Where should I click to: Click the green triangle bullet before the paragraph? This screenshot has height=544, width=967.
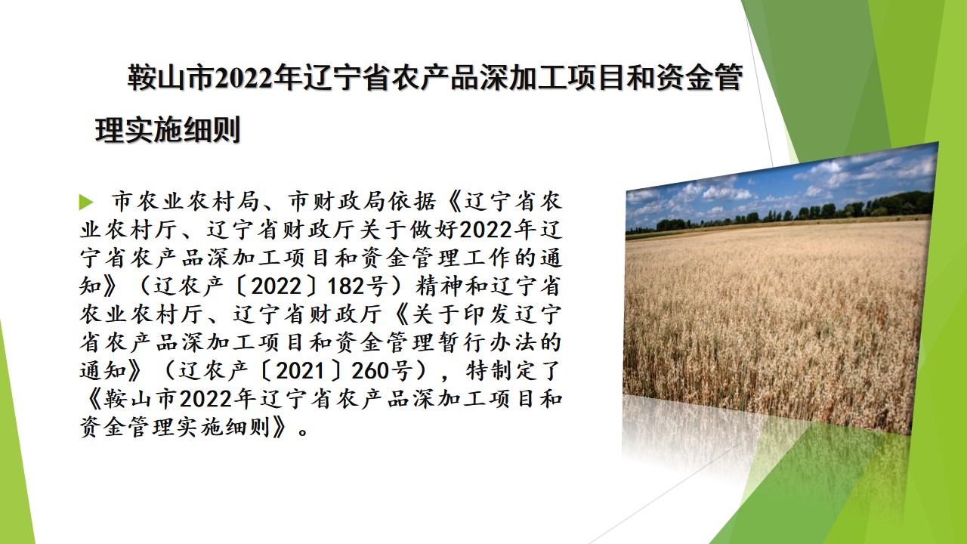(86, 202)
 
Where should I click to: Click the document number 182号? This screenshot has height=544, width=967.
(358, 286)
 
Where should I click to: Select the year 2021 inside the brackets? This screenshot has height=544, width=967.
(300, 370)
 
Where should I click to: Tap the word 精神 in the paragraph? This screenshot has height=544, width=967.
(439, 286)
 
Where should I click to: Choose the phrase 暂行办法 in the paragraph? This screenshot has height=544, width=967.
(487, 342)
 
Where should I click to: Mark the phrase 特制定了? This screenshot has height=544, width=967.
(512, 370)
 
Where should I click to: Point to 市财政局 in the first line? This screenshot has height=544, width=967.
(337, 201)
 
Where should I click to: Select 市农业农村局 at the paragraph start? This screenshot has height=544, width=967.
(185, 201)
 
